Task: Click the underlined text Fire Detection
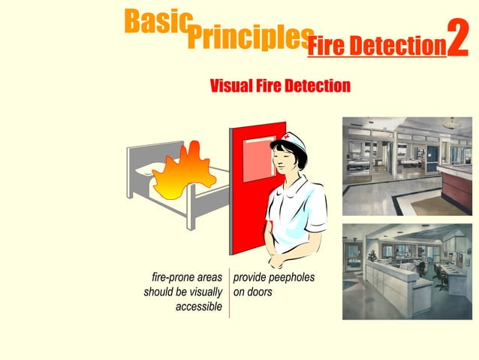click(x=376, y=47)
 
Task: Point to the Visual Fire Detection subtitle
click(x=280, y=86)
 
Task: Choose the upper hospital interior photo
click(x=407, y=166)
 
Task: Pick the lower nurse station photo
click(x=407, y=271)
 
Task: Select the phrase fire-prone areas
click(x=187, y=277)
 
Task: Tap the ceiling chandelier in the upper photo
click(x=453, y=122)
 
